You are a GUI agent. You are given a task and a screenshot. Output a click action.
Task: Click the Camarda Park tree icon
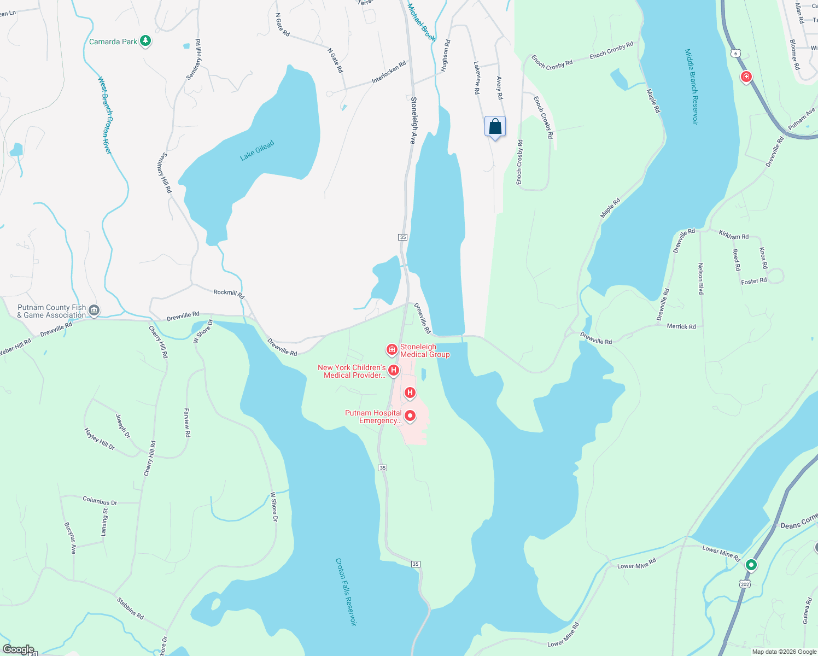point(145,41)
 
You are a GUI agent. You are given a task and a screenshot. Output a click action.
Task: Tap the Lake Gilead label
point(257,150)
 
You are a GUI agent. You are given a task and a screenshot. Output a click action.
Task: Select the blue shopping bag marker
point(495,127)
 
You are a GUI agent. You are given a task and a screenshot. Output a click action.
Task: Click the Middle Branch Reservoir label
point(691,87)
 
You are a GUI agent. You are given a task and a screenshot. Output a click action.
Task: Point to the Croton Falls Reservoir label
point(346,591)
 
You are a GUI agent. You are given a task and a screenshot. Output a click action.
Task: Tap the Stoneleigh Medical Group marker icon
point(392,349)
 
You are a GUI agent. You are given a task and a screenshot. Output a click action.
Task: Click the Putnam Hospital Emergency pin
point(410,417)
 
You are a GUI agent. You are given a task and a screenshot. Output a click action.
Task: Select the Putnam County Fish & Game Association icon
point(94,311)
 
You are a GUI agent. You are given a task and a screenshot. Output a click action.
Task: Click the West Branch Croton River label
point(105,115)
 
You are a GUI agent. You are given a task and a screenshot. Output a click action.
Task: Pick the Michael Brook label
point(422,22)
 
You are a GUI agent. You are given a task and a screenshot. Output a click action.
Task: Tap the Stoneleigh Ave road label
point(413,120)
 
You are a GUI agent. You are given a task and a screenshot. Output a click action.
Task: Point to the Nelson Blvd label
point(700,279)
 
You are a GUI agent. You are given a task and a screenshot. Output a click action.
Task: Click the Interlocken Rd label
point(389,72)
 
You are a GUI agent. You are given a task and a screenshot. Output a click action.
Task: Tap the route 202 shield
point(745,584)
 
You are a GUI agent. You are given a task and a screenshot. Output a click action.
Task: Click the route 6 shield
point(736,53)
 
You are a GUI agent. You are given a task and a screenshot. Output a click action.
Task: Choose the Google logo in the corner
point(18,649)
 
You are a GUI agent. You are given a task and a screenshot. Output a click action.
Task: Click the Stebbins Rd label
point(130,608)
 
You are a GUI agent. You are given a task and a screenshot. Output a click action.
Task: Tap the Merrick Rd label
point(681,326)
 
